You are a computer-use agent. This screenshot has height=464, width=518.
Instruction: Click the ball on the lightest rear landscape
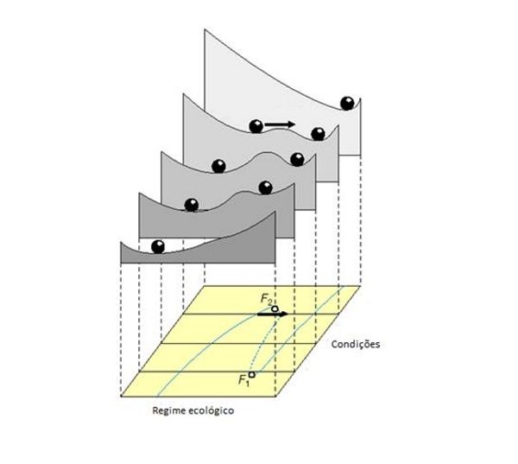click(x=349, y=103)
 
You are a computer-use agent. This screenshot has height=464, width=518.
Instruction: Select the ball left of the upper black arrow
click(x=256, y=126)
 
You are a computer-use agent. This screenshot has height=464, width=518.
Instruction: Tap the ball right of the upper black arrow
click(x=318, y=133)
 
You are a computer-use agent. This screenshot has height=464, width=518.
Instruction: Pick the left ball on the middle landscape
click(x=218, y=165)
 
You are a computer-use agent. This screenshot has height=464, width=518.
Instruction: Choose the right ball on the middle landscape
click(x=298, y=159)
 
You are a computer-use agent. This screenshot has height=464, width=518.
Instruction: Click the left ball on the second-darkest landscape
click(x=191, y=205)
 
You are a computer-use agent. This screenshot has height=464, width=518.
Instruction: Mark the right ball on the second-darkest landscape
click(x=265, y=188)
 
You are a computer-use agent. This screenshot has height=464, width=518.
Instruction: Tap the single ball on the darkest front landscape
click(x=158, y=246)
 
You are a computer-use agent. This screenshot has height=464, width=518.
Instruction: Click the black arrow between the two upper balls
click(x=280, y=124)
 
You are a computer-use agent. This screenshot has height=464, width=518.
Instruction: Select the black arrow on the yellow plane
click(x=272, y=315)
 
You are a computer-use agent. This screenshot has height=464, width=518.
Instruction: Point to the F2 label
click(x=266, y=298)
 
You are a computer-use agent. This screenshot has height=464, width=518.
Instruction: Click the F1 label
click(x=243, y=379)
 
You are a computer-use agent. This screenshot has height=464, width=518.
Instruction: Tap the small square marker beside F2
click(x=275, y=308)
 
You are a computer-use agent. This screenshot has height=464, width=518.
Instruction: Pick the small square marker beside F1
click(x=251, y=375)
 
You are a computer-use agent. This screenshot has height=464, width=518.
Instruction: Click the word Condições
click(x=356, y=343)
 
